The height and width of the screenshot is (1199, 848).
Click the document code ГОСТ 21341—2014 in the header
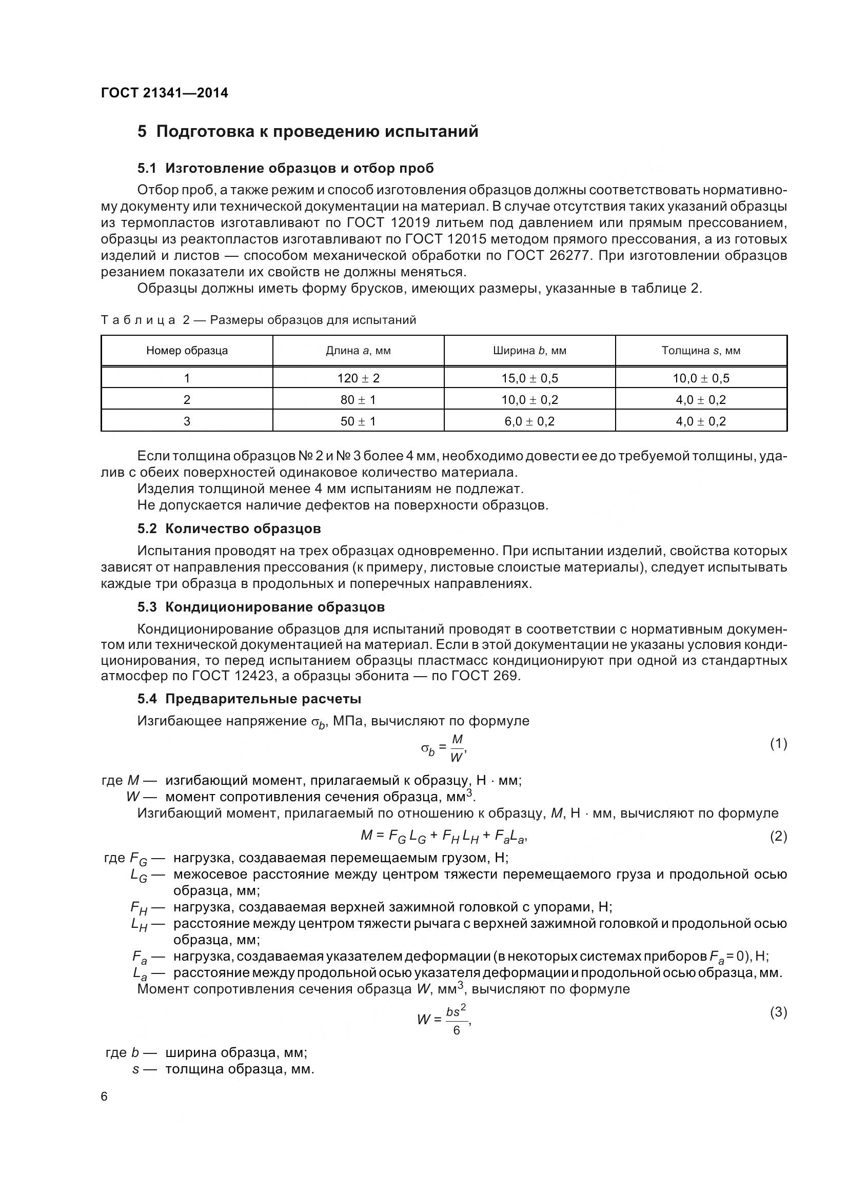(x=164, y=93)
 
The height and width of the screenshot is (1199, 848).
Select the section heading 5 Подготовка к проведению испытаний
(x=308, y=131)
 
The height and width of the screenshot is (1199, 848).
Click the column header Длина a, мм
(x=358, y=351)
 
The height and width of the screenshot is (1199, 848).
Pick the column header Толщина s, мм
(x=701, y=351)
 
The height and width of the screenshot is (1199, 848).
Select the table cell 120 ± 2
(x=358, y=378)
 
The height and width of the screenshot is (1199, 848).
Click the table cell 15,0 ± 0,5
(x=529, y=378)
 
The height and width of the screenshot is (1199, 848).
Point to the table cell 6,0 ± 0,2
(x=529, y=421)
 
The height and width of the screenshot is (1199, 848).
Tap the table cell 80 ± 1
(x=358, y=400)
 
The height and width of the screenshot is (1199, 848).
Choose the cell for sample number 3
(x=187, y=421)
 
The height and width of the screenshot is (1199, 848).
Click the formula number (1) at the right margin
(x=778, y=744)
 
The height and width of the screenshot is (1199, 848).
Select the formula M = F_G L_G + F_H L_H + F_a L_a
(x=444, y=836)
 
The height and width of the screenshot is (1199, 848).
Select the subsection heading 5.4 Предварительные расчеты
(x=249, y=699)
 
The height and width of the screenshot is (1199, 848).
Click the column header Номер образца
(x=187, y=351)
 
